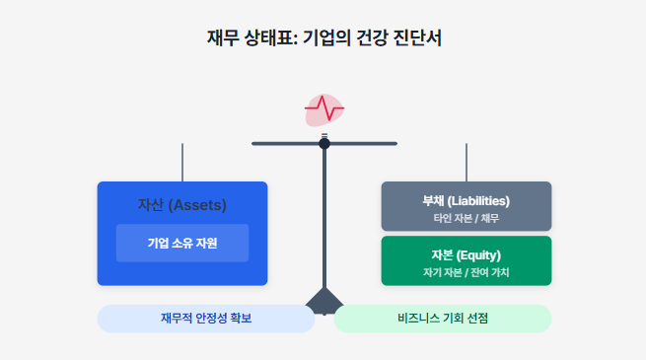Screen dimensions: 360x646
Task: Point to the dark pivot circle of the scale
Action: pyautogui.click(x=324, y=143)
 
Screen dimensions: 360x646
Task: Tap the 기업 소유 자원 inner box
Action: pyautogui.click(x=182, y=243)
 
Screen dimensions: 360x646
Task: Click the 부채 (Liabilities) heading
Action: pyautogui.click(x=466, y=200)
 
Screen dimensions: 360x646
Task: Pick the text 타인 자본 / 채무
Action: pyautogui.click(x=466, y=217)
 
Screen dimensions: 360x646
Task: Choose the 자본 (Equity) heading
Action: pyautogui.click(x=466, y=254)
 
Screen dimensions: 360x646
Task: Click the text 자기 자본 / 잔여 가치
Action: pyautogui.click(x=466, y=271)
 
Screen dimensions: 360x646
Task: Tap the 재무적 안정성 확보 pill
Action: pyautogui.click(x=206, y=319)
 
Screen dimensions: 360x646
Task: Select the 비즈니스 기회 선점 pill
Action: pyautogui.click(x=443, y=319)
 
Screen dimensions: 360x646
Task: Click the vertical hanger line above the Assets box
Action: pyautogui.click(x=182, y=162)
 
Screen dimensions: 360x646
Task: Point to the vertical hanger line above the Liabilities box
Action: pyautogui.click(x=467, y=162)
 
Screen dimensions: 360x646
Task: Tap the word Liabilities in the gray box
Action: pyautogui.click(x=478, y=200)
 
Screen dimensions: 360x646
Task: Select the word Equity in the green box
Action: pyautogui.click(x=481, y=254)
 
